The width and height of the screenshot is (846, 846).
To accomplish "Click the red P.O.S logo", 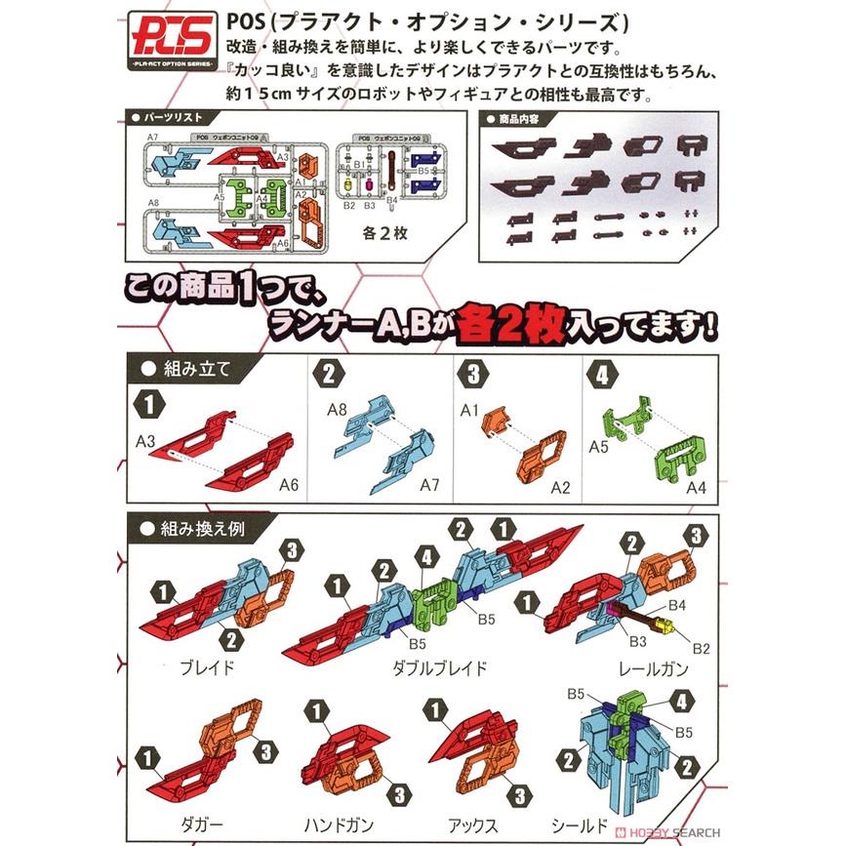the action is click(x=173, y=38).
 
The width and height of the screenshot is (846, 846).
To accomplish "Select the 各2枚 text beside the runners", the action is click(x=384, y=233).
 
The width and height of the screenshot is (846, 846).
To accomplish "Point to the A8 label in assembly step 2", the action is click(x=338, y=410).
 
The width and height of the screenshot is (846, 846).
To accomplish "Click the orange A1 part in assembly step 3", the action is click(x=495, y=421).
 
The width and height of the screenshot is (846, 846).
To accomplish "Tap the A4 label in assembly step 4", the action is click(x=696, y=488).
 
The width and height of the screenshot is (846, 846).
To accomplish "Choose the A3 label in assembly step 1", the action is click(x=145, y=441).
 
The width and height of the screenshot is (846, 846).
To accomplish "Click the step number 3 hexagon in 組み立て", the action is click(x=473, y=374).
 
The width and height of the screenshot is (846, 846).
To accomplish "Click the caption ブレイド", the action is click(x=208, y=668).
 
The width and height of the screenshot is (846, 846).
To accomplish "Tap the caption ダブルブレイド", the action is click(x=440, y=668).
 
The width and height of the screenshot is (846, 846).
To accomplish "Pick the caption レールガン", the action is click(x=654, y=669).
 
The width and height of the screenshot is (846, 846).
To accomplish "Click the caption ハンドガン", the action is click(x=339, y=825).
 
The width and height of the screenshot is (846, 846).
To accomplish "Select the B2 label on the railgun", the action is click(x=701, y=649).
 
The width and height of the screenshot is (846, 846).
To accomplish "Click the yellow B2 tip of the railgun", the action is click(x=665, y=625).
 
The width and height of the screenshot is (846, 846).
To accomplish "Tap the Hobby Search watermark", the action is click(x=668, y=832).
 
